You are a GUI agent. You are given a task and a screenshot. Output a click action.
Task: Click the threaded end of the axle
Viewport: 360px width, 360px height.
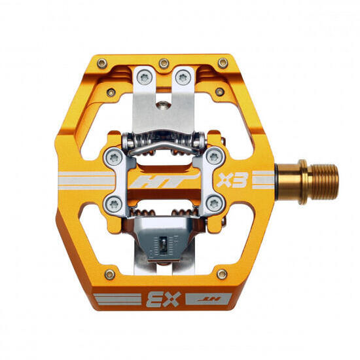[323, 181]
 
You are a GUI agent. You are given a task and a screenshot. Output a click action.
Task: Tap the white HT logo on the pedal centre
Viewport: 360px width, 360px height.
[164, 181]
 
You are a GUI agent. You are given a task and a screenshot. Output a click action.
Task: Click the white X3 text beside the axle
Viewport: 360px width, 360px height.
[232, 180]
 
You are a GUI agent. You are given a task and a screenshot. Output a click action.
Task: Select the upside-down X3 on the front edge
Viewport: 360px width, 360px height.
[163, 300]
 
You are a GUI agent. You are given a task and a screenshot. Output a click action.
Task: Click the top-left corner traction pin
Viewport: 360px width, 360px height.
[102, 63]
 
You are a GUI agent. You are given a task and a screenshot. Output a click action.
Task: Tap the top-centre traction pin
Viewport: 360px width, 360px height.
[164, 63]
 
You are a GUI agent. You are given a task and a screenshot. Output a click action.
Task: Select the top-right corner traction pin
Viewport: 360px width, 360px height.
[223, 63]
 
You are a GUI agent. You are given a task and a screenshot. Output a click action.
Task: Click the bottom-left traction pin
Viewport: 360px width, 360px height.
[110, 274]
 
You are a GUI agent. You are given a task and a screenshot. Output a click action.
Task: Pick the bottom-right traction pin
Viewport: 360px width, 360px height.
[222, 274]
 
